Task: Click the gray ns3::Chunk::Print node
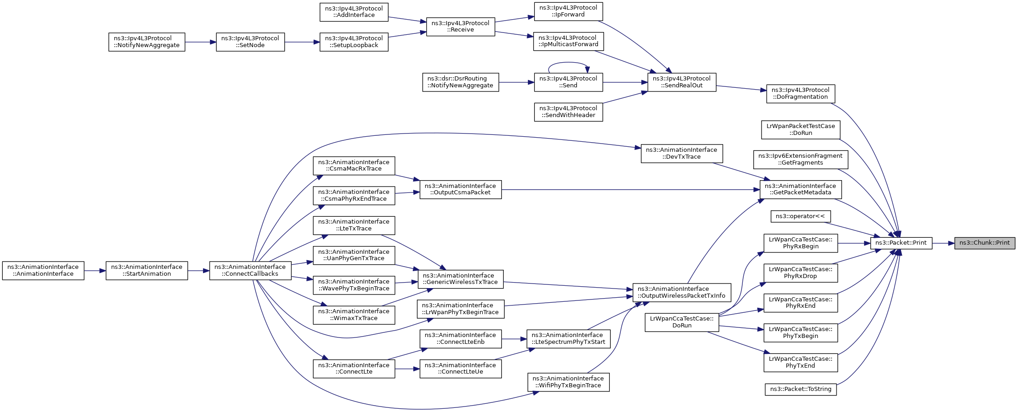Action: [x=985, y=243]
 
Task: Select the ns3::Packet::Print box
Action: [x=901, y=243]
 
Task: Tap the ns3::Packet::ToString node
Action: [x=801, y=390]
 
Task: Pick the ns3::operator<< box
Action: [x=800, y=216]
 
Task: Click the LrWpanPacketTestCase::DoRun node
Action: [x=800, y=130]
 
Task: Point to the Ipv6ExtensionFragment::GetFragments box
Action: [x=800, y=160]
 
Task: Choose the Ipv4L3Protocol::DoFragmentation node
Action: [x=800, y=94]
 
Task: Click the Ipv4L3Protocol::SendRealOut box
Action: [x=682, y=82]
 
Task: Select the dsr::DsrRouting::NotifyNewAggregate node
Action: [x=460, y=82]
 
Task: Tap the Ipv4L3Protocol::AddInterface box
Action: [x=354, y=12]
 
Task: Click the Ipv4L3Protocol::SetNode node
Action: [x=250, y=42]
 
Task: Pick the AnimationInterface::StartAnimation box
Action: [x=147, y=271]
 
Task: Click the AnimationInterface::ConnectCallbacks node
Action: [x=251, y=271]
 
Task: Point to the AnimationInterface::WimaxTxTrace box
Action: [x=354, y=315]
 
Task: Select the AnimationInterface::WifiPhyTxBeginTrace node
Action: [x=568, y=382]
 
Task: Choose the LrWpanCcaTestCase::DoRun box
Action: [x=682, y=322]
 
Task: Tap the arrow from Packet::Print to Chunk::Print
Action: [x=943, y=243]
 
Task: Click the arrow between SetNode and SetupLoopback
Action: [x=302, y=42]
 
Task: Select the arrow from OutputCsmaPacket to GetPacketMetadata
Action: [x=630, y=189]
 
